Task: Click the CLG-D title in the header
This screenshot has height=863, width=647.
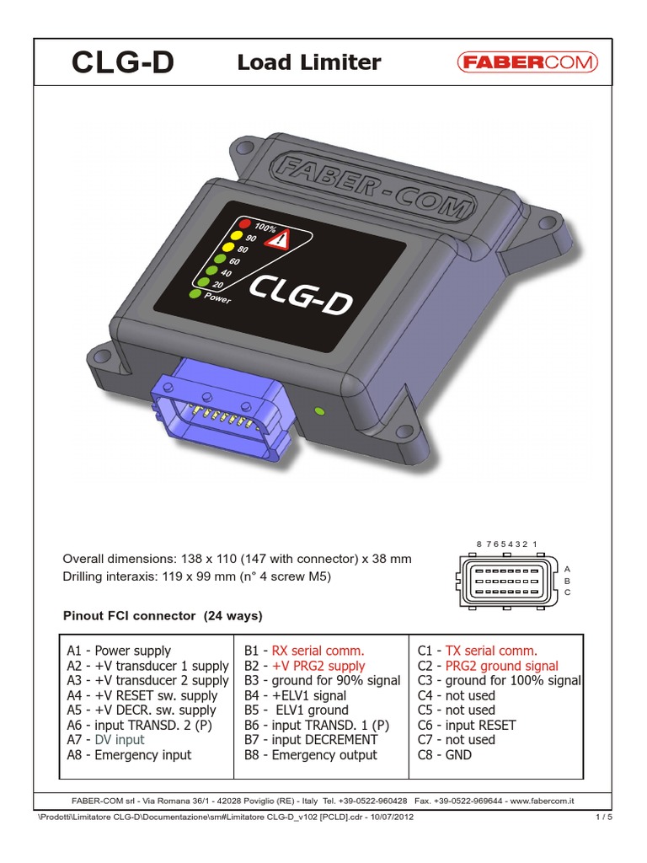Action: pos(122,63)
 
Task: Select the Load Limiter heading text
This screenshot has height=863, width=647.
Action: pos(309,62)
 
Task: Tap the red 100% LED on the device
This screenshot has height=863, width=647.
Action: pos(244,224)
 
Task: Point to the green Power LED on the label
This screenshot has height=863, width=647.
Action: pos(195,294)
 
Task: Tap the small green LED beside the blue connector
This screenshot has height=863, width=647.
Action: pos(318,411)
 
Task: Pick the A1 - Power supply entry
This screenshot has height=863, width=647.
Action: pos(119,651)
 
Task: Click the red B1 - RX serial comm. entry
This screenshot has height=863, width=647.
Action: pos(304,651)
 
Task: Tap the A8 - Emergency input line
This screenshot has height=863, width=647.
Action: pos(129,755)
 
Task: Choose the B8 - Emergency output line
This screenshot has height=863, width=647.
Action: pos(311,755)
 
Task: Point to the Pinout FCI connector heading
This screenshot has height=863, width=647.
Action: pos(163,616)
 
